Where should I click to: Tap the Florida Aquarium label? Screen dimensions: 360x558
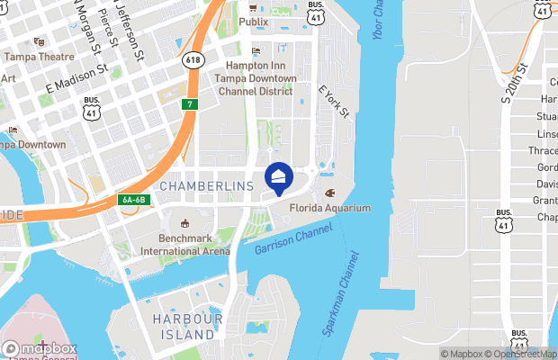click(330, 208)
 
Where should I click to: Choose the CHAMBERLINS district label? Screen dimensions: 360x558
click(206, 185)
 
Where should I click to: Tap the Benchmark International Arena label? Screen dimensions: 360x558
click(184, 246)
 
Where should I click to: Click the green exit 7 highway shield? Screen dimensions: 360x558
click(189, 104)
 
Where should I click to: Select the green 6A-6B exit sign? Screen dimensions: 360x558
click(131, 200)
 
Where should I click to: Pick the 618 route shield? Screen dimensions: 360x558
click(191, 59)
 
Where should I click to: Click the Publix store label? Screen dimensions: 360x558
click(253, 21)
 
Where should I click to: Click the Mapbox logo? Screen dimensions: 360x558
click(40, 348)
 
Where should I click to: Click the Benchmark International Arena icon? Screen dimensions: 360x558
click(184, 223)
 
